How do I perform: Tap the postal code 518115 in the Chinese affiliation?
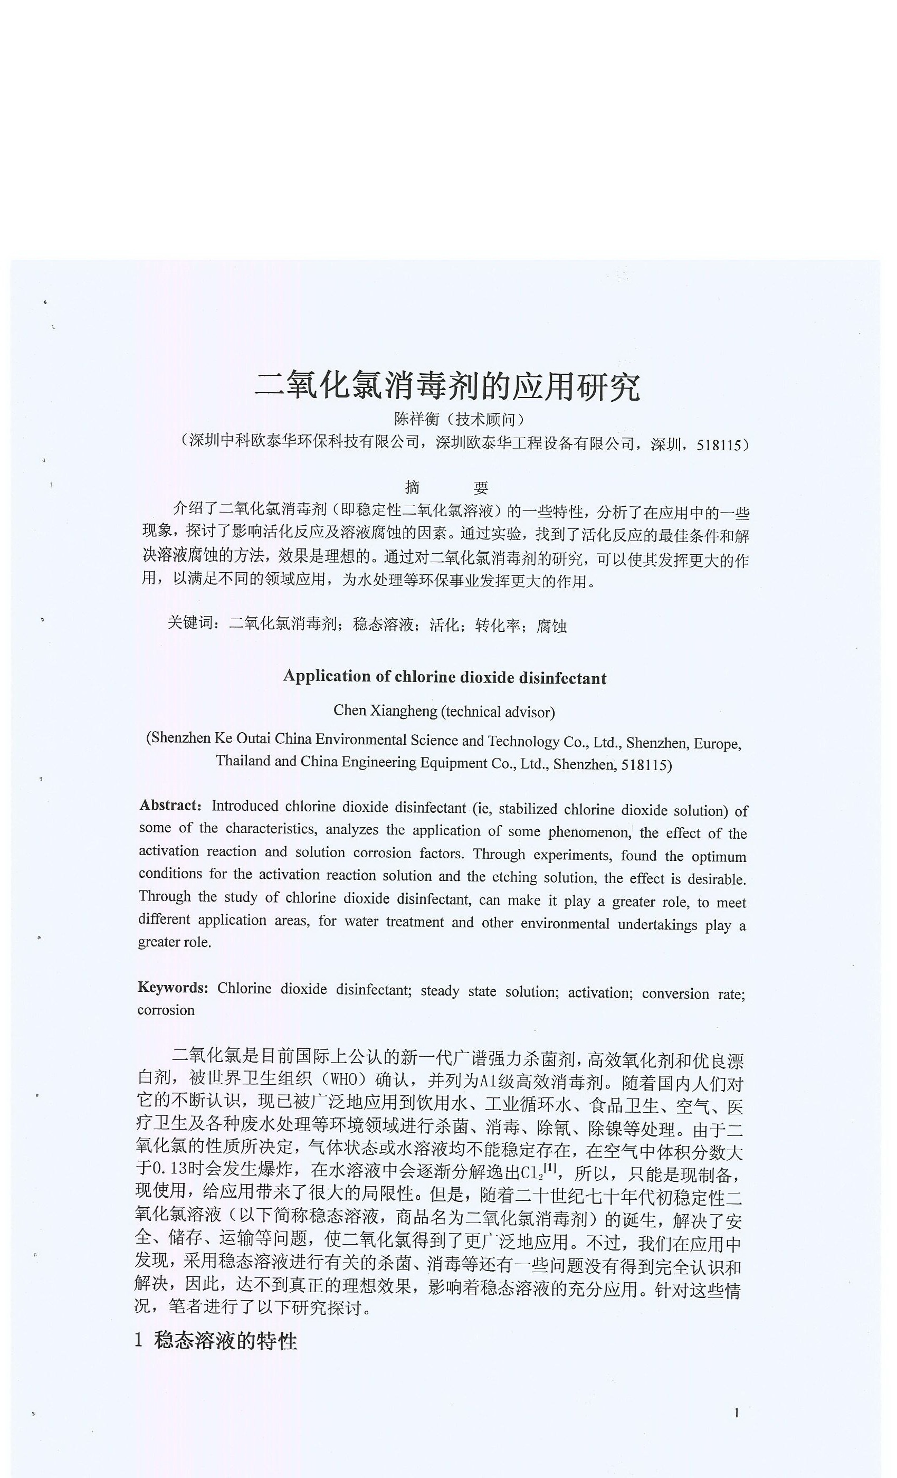tap(720, 445)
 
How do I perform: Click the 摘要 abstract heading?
tap(447, 487)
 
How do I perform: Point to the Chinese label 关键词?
tap(190, 623)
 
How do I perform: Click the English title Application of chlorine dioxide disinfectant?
tap(444, 677)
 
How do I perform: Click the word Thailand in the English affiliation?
tap(243, 762)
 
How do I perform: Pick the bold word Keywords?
tap(173, 988)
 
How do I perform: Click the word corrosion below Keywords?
tap(166, 1010)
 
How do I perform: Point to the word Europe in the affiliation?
tap(717, 744)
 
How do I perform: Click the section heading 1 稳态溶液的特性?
tap(216, 1341)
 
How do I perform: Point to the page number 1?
tap(736, 1413)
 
